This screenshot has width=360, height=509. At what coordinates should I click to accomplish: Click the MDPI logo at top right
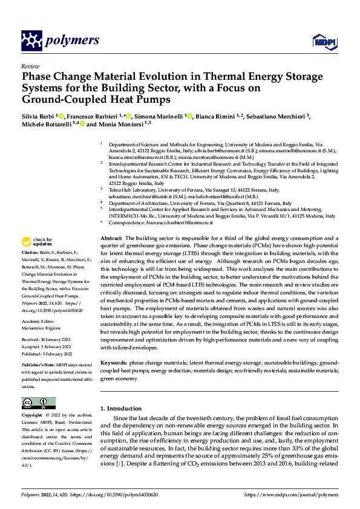coord(322,41)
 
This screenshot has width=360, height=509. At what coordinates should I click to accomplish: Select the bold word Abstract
coord(111,239)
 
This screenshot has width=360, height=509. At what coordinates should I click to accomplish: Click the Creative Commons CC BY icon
coord(38,403)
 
